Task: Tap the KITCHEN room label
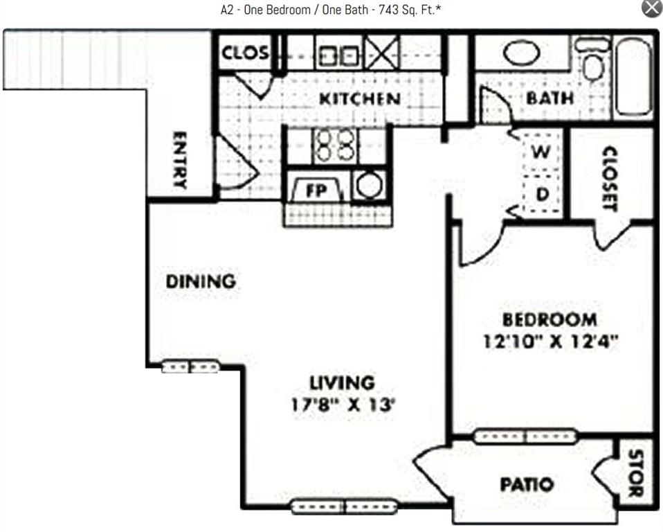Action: click(359, 99)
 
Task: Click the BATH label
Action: click(550, 98)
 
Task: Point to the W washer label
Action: click(542, 151)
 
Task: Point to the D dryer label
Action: click(543, 195)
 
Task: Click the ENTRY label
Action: click(179, 160)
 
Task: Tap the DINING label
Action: click(201, 282)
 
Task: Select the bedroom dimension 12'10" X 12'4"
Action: click(550, 341)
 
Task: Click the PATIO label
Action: click(527, 484)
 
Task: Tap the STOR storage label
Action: click(635, 474)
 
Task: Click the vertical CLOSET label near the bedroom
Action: click(610, 178)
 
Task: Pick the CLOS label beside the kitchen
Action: click(245, 53)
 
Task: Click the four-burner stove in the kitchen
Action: click(334, 145)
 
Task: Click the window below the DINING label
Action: click(190, 366)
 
